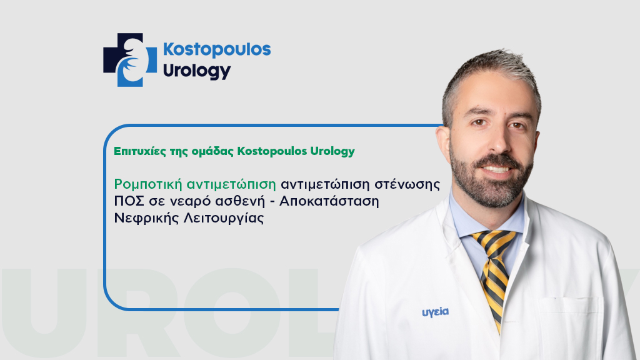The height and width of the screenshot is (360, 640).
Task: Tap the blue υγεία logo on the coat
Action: click(435, 312)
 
